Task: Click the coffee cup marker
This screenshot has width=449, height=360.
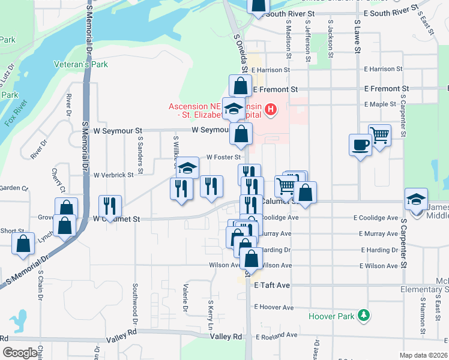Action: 360,145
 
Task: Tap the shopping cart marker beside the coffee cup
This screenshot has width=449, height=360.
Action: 379,136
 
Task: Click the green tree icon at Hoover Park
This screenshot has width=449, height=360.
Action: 363,315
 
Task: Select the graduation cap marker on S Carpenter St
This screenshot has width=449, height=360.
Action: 416,199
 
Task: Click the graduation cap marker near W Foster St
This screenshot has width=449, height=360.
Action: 188,167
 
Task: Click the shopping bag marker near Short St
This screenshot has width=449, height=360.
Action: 23,244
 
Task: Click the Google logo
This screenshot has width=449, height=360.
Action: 20,353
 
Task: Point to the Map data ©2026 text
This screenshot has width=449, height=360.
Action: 423,355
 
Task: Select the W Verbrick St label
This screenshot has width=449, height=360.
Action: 113,175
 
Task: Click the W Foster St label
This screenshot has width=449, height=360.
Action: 223,157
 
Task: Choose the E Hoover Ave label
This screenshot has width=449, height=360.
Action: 274,307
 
